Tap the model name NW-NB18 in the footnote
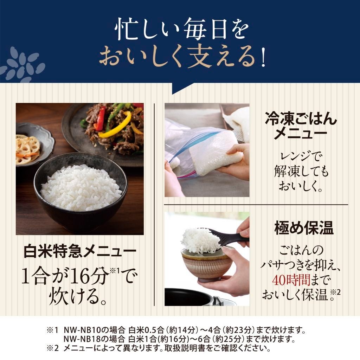(x=82, y=340)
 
